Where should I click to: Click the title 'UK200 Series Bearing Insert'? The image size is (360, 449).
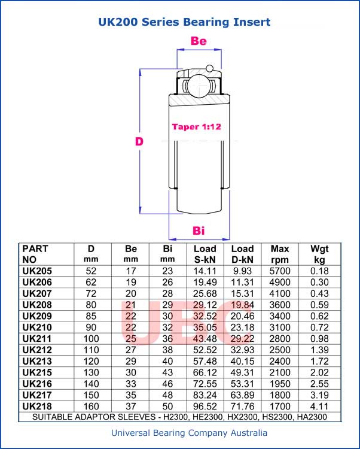click(184, 22)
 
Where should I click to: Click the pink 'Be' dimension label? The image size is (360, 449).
click(199, 41)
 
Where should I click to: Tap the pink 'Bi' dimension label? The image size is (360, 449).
click(199, 231)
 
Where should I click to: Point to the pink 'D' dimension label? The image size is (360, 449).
click(139, 142)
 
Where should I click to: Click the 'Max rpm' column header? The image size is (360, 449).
click(280, 254)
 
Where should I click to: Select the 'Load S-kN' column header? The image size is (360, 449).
click(205, 254)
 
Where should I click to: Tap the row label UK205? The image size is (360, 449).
click(37, 271)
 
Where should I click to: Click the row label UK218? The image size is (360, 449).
click(37, 406)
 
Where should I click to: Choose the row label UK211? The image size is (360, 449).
click(37, 338)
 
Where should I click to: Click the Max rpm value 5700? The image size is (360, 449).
click(280, 271)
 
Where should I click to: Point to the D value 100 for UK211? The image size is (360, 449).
click(91, 338)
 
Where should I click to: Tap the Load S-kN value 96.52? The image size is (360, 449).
click(205, 406)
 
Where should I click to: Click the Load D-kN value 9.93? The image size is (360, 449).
click(242, 271)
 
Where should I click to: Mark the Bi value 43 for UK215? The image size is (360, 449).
click(168, 372)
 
